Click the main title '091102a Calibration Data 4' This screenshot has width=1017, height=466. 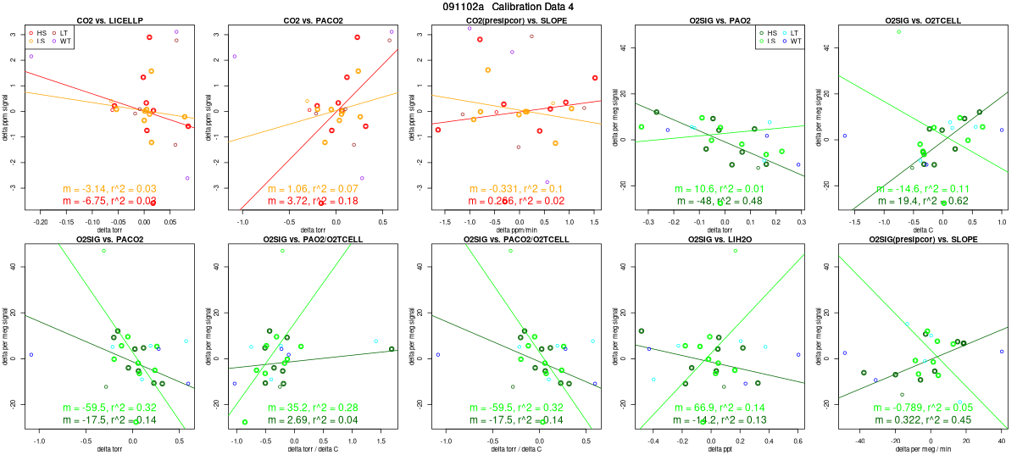pos(508,7)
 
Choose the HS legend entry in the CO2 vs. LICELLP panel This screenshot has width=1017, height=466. pos(35,31)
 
